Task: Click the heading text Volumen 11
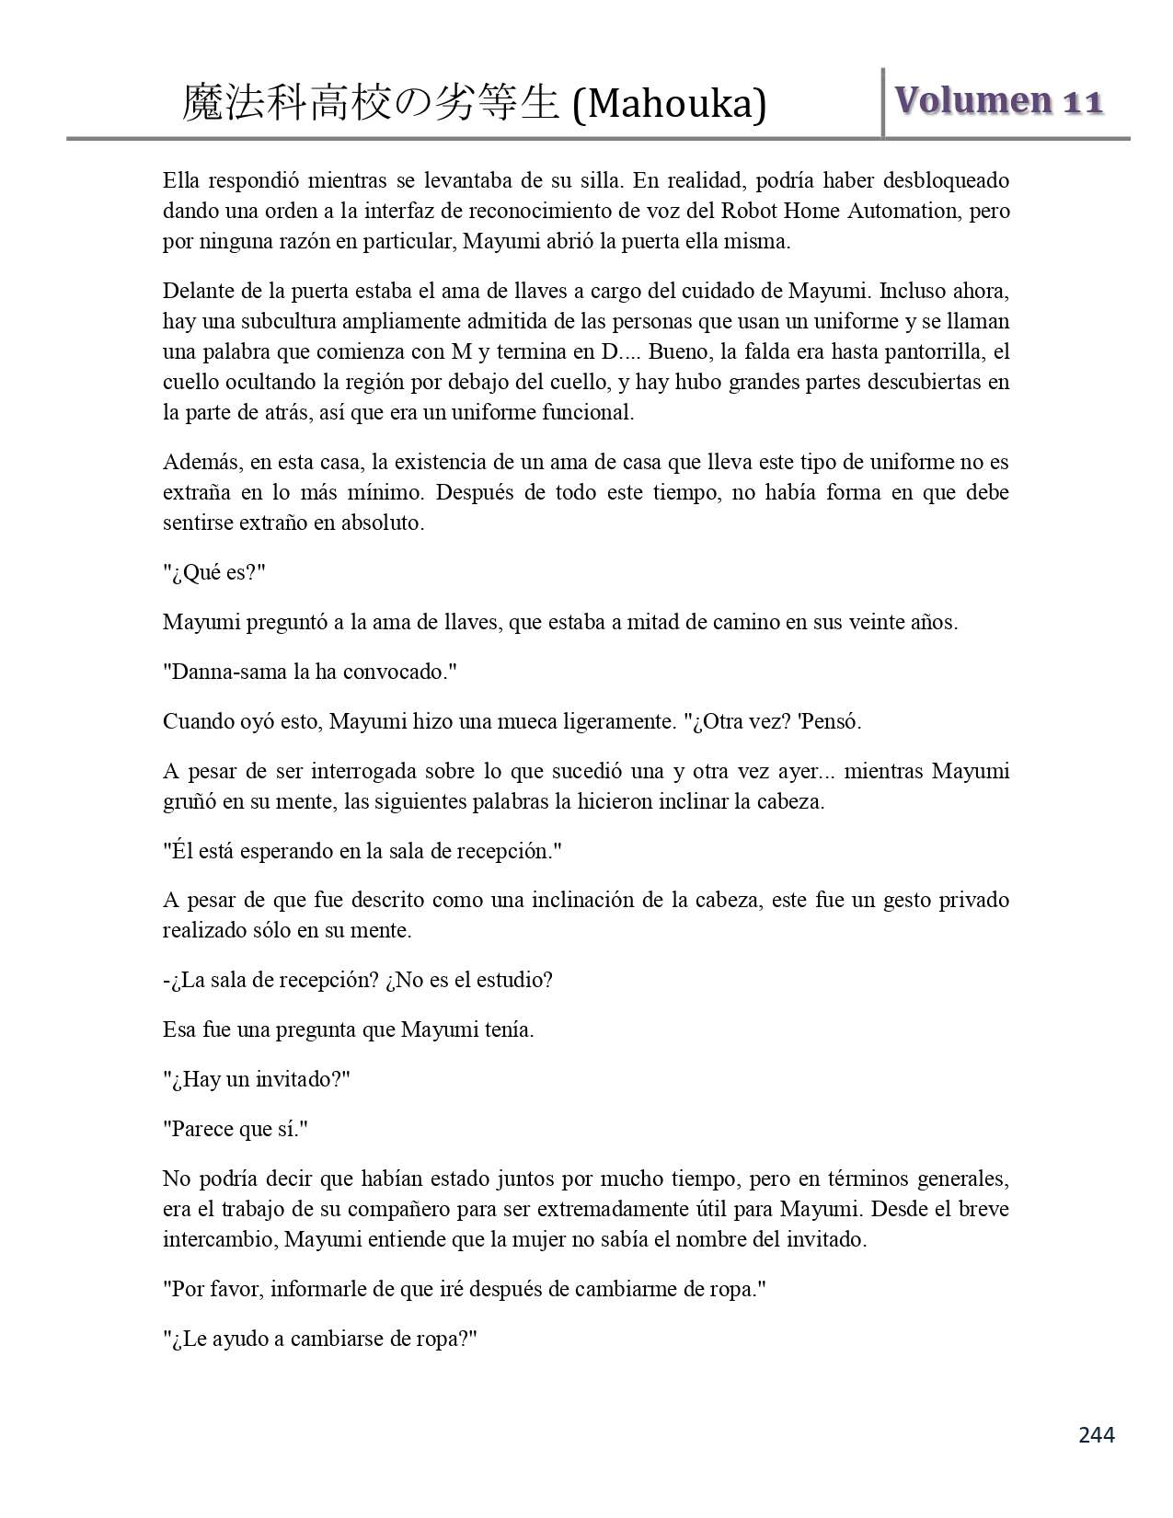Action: point(998,100)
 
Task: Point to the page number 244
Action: point(1096,1434)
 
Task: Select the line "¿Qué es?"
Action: point(214,572)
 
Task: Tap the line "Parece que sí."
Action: point(236,1129)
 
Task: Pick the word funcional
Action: point(586,412)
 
